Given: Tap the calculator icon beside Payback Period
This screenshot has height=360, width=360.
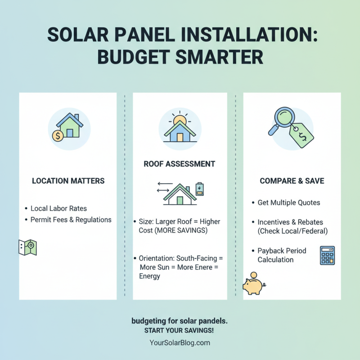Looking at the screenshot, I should coord(327,255).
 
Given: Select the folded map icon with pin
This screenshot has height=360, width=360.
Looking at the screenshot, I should coord(27,247).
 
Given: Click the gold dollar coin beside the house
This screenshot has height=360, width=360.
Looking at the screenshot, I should coord(58,135).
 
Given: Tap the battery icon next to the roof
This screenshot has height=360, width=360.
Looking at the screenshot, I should coord(199,189).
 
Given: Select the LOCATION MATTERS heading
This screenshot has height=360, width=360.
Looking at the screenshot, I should coord(68,181).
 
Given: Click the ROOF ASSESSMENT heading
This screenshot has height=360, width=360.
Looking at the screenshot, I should coord(179,164).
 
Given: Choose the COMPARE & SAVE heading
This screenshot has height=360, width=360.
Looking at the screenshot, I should coord(292,181).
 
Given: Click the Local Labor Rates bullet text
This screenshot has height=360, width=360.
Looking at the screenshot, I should coord(58,209).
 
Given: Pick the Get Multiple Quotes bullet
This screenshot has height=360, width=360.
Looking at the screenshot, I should coord(288,202).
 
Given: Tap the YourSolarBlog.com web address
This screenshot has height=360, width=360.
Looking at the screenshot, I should coord(180,342).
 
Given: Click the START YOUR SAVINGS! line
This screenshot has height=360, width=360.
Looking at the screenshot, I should coord(179,331).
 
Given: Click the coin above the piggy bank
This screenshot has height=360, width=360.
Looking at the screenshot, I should coord(253,275).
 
